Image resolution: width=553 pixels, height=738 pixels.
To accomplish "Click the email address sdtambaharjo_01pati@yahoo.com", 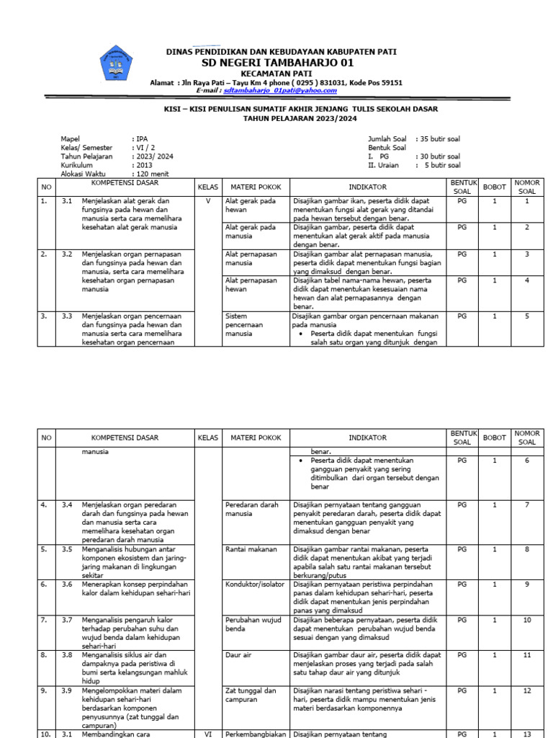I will (280, 91).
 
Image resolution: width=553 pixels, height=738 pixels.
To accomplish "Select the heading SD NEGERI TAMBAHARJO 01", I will (281, 63).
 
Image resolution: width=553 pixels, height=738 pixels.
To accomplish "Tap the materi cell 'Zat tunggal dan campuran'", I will (251, 695).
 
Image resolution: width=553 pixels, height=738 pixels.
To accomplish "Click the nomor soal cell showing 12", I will (527, 690).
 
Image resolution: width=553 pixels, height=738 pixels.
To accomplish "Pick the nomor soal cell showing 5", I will (527, 316).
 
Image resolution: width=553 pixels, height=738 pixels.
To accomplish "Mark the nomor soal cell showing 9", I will (527, 584).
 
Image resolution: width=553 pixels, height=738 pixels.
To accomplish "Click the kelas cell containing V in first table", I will (208, 201).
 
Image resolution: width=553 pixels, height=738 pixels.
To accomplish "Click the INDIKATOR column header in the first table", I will (368, 187).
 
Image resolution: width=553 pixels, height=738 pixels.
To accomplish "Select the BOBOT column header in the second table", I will (494, 437).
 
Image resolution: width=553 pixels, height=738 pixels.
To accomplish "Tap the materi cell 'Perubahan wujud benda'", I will (251, 624).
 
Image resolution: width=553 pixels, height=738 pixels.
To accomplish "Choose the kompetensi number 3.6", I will (67, 584).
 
